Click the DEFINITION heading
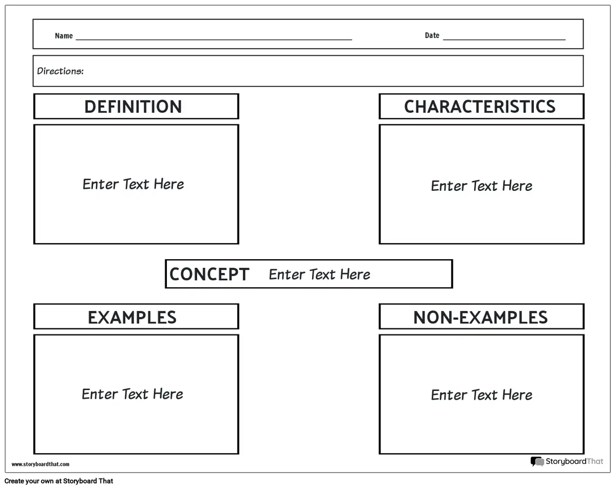coord(133,107)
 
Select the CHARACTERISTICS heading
coord(479,107)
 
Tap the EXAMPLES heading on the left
coord(132,317)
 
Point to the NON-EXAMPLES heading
coord(480,317)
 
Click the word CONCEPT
coord(209,274)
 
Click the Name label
coord(64,36)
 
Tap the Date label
coord(432,35)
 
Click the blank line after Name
coord(214,40)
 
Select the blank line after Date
coord(504,39)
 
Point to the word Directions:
coord(61,71)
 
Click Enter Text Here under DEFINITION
coord(133,184)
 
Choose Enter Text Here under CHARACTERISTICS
coord(482,186)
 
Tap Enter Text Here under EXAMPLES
coord(132,394)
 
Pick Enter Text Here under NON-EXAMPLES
coord(482,395)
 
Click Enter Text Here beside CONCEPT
coord(319,275)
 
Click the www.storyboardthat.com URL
coord(41,464)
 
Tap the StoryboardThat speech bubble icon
coord(537,461)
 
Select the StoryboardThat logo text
coord(574,461)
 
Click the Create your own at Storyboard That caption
coord(59,481)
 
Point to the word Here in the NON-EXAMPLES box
coord(517,395)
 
